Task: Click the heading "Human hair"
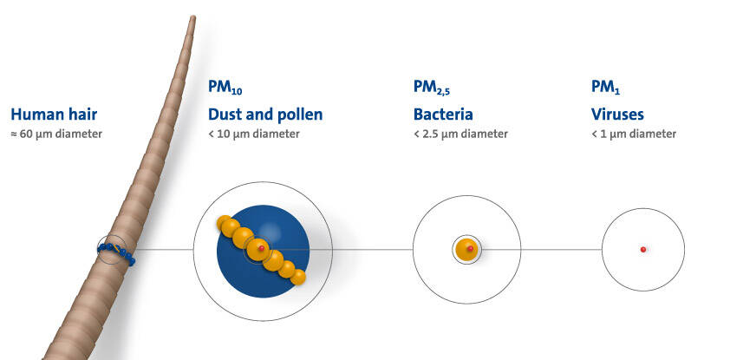tap(54, 115)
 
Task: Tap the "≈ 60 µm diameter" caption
tap(56, 134)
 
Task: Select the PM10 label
tap(225, 87)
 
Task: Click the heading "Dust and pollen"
tap(265, 115)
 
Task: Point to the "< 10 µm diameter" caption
tap(254, 134)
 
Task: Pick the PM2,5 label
tap(431, 88)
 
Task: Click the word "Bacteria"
tap(443, 115)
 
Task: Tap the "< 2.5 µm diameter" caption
tap(460, 134)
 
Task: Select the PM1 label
tap(605, 87)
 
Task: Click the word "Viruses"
tap(617, 115)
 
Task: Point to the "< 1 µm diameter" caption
tap(634, 134)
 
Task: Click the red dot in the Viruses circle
tap(643, 250)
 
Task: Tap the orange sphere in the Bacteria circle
tap(466, 250)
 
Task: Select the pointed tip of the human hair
tap(192, 16)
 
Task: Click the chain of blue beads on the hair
tap(116, 252)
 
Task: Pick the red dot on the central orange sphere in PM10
tap(261, 248)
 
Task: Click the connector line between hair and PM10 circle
tap(164, 250)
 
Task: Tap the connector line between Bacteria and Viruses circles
tap(562, 250)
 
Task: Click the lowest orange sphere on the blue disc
tap(297, 278)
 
